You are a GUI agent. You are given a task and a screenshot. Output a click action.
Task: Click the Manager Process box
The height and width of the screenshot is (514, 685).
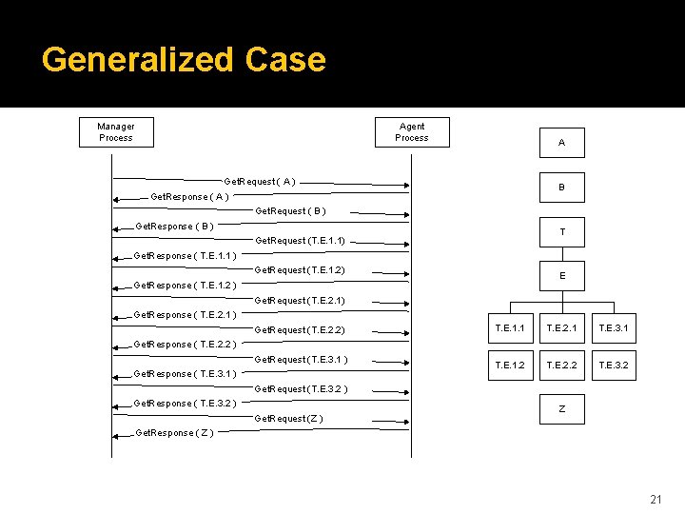coord(116,132)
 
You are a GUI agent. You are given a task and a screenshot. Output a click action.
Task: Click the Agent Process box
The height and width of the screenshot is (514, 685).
coord(412,132)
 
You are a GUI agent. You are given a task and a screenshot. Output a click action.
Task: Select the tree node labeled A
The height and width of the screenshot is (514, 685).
coord(561,143)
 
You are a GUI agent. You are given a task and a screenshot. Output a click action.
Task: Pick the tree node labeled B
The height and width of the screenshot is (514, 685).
coord(561,188)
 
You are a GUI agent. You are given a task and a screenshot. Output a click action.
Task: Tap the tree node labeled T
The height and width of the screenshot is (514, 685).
coord(561,232)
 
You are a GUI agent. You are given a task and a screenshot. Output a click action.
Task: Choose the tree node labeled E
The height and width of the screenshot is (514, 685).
coord(561,276)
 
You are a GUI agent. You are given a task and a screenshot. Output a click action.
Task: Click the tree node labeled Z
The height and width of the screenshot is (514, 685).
coord(561,408)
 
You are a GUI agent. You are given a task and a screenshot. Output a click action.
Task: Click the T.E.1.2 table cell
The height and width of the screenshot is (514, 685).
coord(510,365)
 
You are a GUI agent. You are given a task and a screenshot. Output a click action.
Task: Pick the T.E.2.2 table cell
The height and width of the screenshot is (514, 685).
coord(561,365)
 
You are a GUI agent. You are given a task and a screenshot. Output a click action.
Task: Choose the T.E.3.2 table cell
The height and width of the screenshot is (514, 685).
coord(613,365)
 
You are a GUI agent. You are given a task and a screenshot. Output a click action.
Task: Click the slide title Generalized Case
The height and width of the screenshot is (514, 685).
coord(184,60)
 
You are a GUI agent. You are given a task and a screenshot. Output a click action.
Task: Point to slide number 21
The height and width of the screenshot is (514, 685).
coord(655,500)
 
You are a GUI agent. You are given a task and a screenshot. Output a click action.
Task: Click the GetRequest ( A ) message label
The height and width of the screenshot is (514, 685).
coord(259,181)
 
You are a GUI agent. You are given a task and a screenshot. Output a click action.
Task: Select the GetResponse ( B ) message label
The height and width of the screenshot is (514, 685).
coord(174,227)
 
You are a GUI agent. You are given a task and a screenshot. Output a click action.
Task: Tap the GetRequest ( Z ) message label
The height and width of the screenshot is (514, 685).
coord(289,419)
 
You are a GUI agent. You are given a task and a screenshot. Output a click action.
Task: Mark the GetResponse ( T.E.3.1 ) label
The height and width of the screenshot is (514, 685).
coord(186,374)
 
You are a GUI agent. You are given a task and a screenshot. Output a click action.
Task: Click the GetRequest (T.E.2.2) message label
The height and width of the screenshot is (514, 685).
coord(300,330)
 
